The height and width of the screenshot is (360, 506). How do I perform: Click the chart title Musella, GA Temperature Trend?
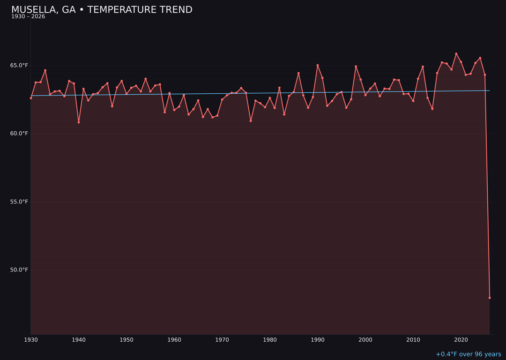102,10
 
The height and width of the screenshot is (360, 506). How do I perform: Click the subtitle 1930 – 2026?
28,17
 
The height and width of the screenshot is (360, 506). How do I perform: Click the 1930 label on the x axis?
31,340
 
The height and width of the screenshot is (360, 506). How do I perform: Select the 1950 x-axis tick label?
126,340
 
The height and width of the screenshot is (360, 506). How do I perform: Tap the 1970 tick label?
222,340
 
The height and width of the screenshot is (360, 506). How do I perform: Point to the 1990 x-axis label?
318,340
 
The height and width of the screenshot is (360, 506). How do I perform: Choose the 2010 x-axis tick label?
413,340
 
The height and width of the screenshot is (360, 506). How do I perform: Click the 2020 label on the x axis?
461,340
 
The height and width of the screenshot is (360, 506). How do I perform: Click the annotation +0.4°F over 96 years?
468,354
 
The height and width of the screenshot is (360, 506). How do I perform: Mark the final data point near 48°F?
490,298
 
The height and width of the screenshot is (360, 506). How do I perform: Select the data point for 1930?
31,98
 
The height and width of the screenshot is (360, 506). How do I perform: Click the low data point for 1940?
79,122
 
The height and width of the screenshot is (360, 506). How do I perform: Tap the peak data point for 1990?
318,65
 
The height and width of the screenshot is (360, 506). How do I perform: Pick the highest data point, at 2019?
456,54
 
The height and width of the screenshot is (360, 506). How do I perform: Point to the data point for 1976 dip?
251,121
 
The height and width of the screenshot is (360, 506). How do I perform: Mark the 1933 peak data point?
45,70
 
